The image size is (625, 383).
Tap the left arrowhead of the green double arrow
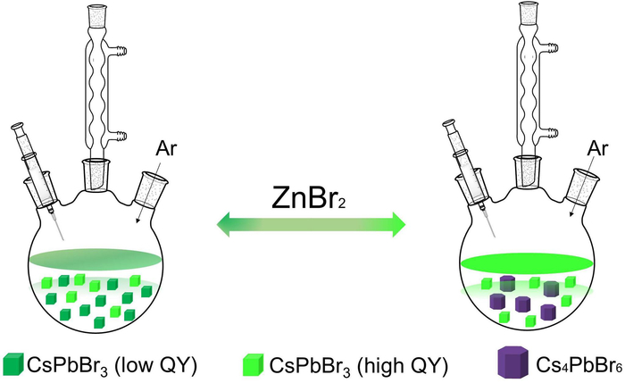(224, 225)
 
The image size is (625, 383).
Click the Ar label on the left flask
(166, 148)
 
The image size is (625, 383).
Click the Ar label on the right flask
(597, 148)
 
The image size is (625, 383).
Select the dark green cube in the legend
(13, 364)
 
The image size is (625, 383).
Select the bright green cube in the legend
(253, 364)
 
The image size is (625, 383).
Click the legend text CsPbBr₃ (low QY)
(112, 364)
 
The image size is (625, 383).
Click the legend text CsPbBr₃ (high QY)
(359, 364)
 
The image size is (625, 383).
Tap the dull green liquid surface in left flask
(96, 259)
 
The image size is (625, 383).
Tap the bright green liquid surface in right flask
(527, 263)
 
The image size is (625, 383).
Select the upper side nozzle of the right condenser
(554, 47)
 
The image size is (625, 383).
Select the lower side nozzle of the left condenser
(119, 136)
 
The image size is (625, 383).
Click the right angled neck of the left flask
(150, 189)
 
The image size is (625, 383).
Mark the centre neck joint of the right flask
(528, 171)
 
